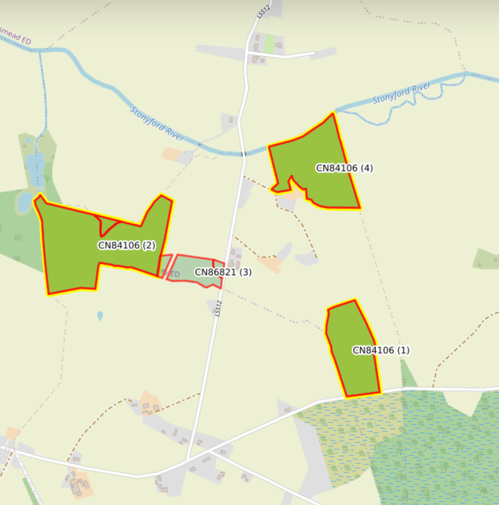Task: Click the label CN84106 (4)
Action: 344,168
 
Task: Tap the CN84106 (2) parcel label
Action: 126,245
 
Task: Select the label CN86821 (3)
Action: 223,272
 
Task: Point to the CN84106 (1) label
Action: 381,350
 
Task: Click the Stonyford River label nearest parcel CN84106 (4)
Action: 402,92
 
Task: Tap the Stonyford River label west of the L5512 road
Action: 157,123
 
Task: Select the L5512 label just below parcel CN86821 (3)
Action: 218,309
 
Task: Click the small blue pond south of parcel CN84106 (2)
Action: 100,316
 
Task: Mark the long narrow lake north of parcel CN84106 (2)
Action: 35,168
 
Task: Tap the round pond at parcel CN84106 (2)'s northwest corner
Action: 25,202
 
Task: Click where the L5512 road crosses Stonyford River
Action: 243,154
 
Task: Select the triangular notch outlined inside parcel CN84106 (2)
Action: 108,224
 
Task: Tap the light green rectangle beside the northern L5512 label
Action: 269,44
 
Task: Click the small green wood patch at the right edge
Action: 487,259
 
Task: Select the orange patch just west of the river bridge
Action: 170,154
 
